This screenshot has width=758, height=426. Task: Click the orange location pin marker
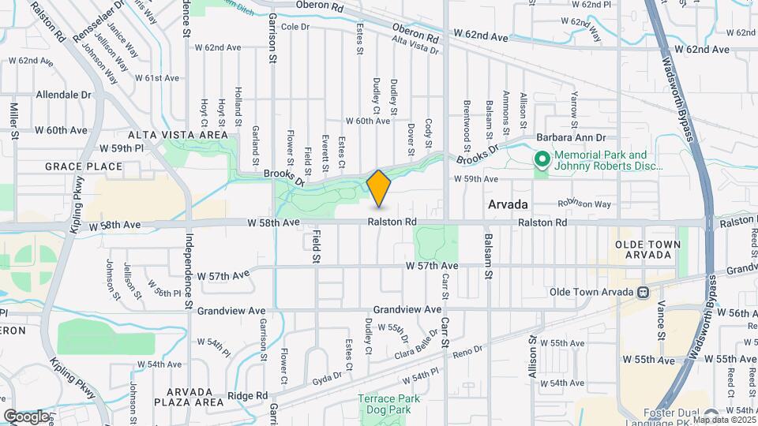(379, 189)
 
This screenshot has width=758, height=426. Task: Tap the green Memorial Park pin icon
(542, 160)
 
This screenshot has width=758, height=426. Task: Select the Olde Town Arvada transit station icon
(644, 293)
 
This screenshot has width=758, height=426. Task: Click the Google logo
(26, 416)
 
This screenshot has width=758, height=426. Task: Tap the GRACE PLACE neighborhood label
(84, 166)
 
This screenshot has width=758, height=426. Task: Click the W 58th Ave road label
(114, 226)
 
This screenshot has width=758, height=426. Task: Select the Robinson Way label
(584, 204)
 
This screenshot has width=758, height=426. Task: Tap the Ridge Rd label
(248, 395)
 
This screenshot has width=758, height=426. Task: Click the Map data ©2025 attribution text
(722, 418)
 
